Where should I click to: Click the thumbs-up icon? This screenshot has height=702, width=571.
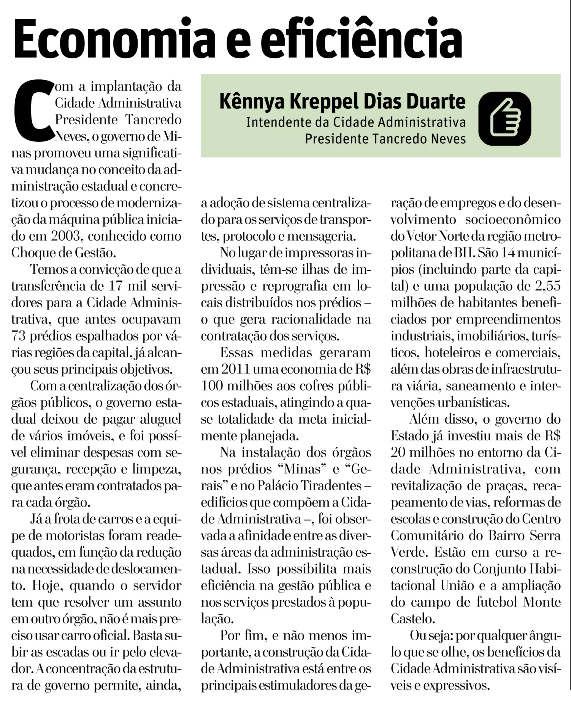tap(505, 119)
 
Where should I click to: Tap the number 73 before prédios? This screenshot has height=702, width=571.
tap(18, 336)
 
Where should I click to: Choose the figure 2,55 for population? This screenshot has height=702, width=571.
tap(548, 286)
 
